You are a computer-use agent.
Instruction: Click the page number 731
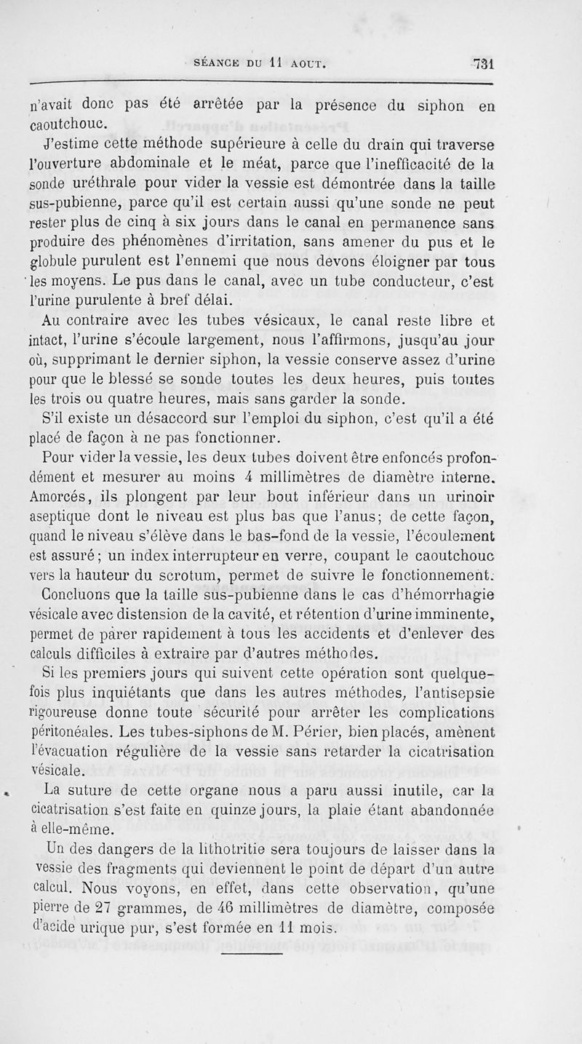coord(482,63)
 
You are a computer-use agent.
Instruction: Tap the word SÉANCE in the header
coord(215,63)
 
